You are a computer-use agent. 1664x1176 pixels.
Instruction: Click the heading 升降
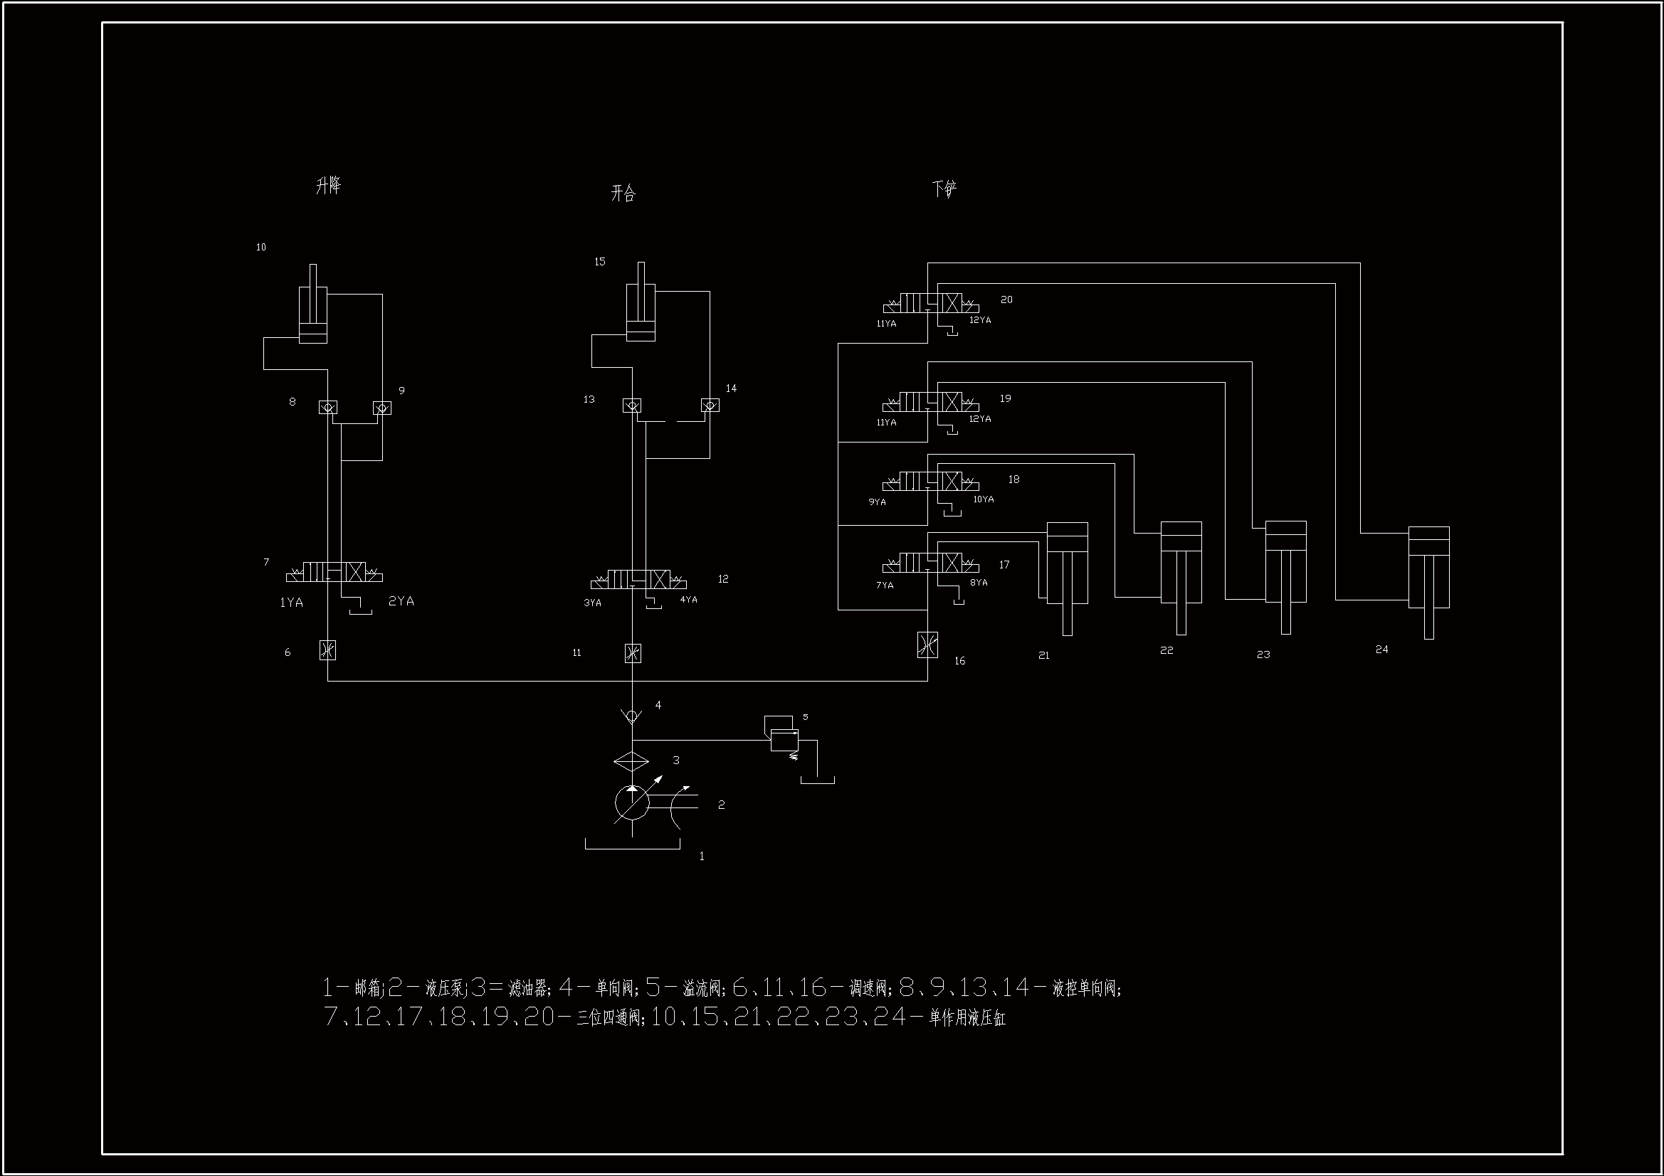click(x=328, y=186)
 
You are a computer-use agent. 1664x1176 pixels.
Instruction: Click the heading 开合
click(x=623, y=194)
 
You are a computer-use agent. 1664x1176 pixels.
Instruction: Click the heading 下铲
click(x=944, y=189)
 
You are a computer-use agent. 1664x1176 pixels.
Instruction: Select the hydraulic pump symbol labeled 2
click(x=633, y=802)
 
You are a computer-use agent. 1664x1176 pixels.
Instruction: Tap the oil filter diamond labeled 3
click(x=631, y=761)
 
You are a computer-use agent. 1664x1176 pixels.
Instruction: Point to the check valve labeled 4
click(x=632, y=716)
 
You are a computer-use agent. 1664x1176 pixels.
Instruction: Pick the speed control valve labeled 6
click(x=327, y=650)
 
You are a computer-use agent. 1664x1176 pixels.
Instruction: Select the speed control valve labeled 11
click(x=633, y=654)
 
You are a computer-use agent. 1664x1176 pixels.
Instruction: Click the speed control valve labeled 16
click(x=927, y=645)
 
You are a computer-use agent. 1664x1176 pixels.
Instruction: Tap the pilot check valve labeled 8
click(x=327, y=408)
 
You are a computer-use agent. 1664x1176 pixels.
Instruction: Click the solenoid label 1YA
click(x=291, y=603)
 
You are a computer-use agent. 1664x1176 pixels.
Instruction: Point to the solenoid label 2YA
click(x=401, y=601)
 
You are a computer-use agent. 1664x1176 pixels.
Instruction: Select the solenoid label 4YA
click(x=688, y=600)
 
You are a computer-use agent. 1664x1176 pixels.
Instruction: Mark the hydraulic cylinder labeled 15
click(x=641, y=308)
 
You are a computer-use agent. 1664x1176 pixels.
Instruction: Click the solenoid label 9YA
click(x=877, y=502)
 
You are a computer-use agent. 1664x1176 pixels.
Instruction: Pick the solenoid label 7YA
click(x=884, y=586)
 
